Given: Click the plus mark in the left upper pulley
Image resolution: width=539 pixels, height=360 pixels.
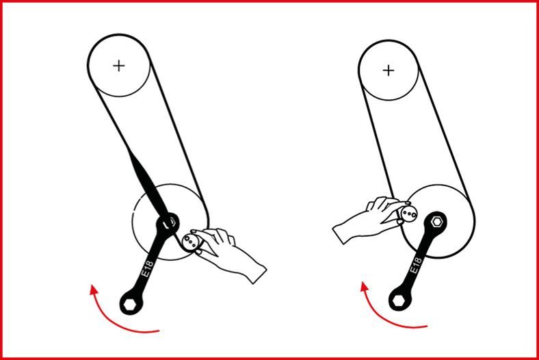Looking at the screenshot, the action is pos(119,65).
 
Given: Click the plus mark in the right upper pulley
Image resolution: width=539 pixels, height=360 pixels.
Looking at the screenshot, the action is pos(389,70).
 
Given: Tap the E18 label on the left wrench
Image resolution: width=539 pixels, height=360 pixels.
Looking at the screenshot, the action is pos(148,268).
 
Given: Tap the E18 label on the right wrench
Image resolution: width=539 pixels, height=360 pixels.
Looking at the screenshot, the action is pos(416,266).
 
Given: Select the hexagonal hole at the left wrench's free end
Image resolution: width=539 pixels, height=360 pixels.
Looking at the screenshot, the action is pos(130,304).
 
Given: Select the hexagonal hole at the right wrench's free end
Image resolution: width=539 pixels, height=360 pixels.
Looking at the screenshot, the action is pos(399,300).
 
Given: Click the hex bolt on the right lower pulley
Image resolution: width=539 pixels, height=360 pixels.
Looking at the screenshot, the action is pos(437,222).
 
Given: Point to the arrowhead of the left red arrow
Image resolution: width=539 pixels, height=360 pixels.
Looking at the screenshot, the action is pos(93,290).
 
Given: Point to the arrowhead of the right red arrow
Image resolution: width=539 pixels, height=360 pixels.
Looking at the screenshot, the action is pos(365,287).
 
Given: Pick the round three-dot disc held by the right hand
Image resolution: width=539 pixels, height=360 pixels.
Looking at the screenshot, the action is pos(409,214).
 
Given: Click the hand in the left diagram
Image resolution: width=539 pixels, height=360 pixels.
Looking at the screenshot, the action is pos(228,253).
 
